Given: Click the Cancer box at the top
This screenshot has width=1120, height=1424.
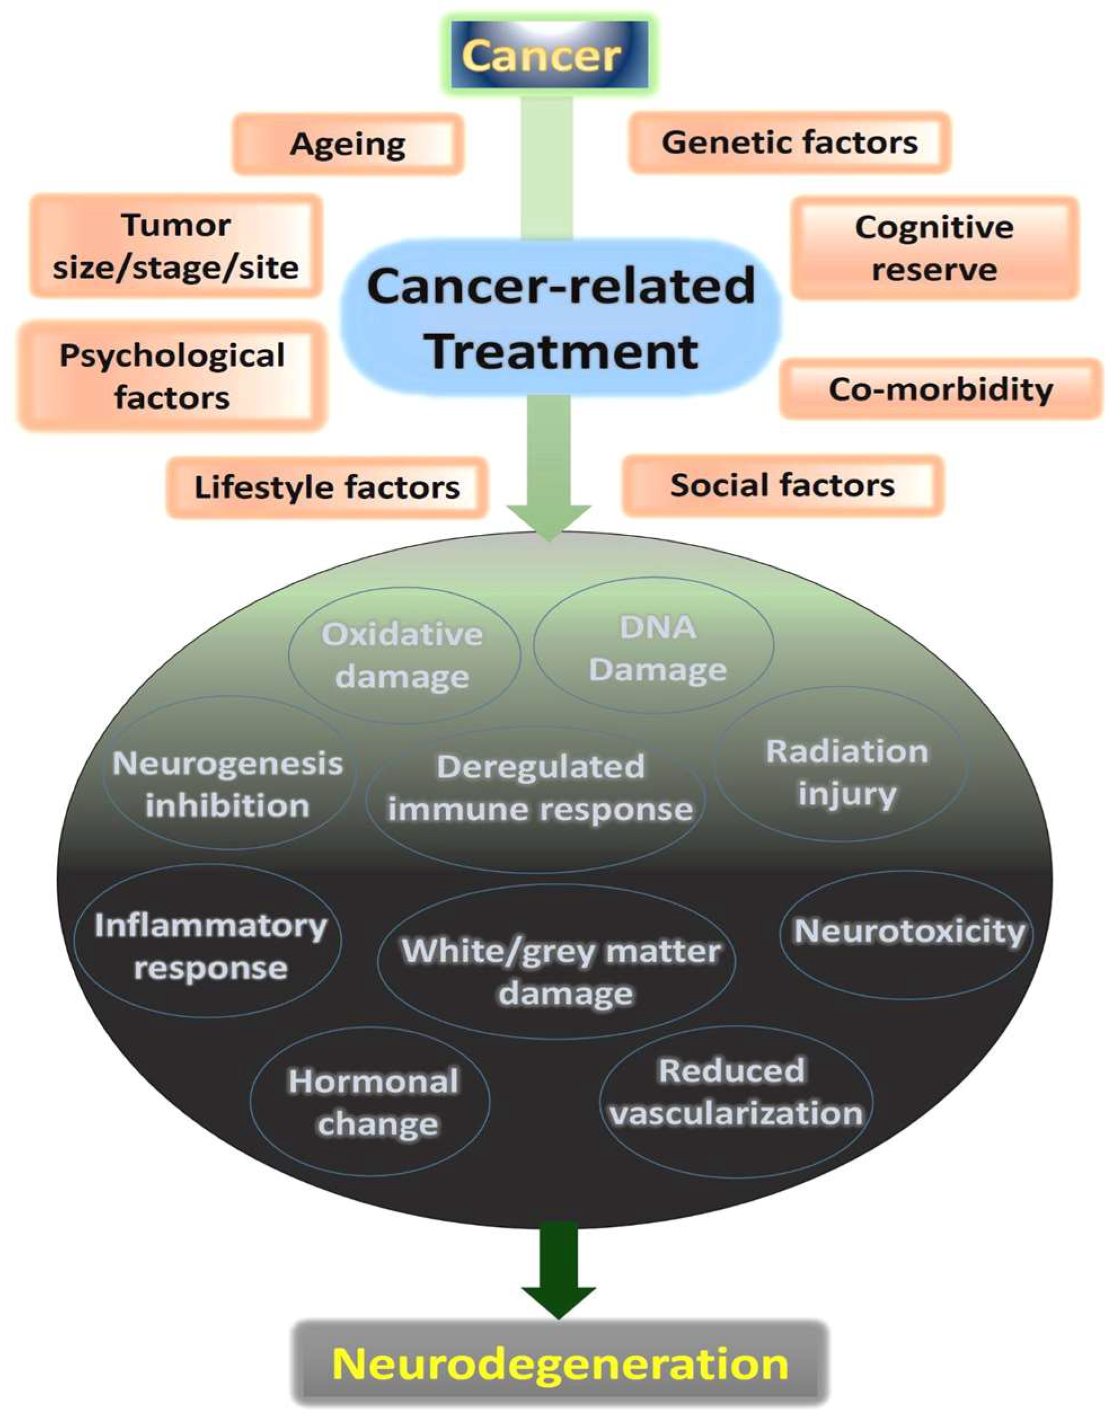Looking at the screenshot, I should (550, 56).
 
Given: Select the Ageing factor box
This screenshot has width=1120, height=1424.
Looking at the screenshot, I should (348, 144).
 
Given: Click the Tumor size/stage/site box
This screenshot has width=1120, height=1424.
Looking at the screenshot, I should (176, 246).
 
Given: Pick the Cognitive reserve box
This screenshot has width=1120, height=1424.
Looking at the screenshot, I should (934, 249).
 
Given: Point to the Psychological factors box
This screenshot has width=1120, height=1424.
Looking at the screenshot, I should (172, 376).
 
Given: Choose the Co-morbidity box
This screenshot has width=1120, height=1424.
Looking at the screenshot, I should (940, 389).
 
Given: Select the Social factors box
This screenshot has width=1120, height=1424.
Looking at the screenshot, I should (782, 486).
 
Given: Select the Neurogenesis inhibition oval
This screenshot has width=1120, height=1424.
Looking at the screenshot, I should (228, 784).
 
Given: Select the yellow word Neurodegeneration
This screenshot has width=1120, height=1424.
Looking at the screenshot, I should (560, 1364).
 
